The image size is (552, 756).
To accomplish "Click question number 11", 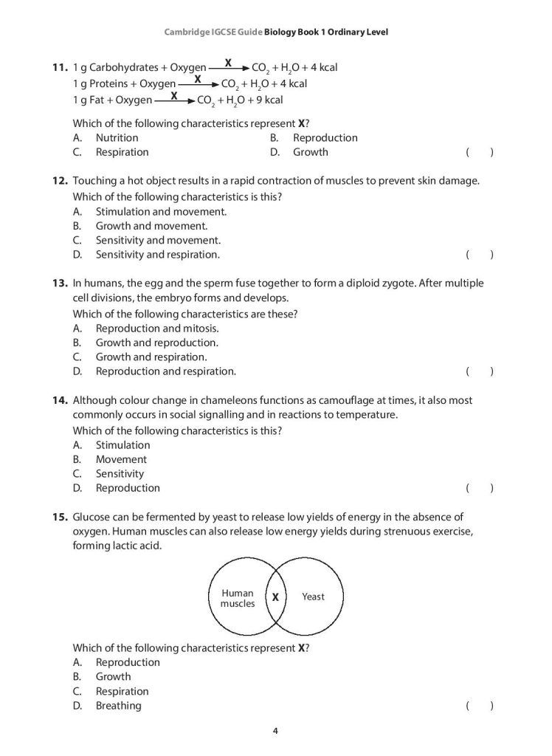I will (x=60, y=68).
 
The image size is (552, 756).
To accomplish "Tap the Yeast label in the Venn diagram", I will (x=313, y=597).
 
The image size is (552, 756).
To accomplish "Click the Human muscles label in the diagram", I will (x=238, y=598).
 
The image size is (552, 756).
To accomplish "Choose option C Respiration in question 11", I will (x=122, y=152).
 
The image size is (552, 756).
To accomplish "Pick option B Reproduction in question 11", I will (x=325, y=137).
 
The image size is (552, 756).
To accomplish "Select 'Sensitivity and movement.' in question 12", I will (x=158, y=240).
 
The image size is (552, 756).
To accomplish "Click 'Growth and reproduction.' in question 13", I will (x=156, y=343).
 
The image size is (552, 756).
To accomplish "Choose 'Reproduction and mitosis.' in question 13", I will (x=157, y=329).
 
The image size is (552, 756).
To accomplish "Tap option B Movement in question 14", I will (x=121, y=459).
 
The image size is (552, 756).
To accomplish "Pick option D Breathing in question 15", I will (x=118, y=705).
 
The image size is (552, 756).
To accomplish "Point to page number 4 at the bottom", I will (x=275, y=732).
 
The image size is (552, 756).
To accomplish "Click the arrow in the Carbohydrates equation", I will (x=229, y=68).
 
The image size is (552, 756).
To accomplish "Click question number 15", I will (x=60, y=518).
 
